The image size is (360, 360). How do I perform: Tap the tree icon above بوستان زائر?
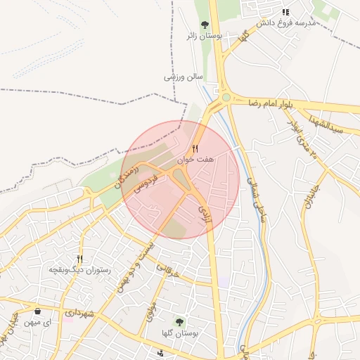click(205, 24)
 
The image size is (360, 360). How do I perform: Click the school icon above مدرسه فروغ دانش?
click(285, 12)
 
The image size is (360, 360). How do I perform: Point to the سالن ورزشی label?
click(184, 77)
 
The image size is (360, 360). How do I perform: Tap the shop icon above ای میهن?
click(37, 311)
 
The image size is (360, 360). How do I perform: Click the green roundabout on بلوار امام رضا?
click(226, 98)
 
